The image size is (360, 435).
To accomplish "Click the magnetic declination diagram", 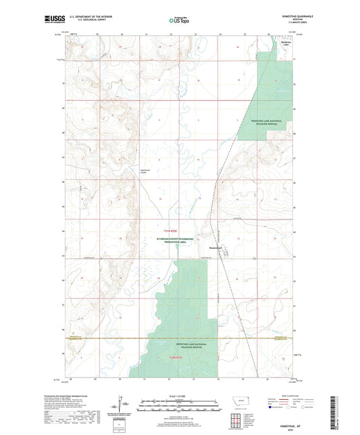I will pyautogui.click(x=120, y=405).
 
